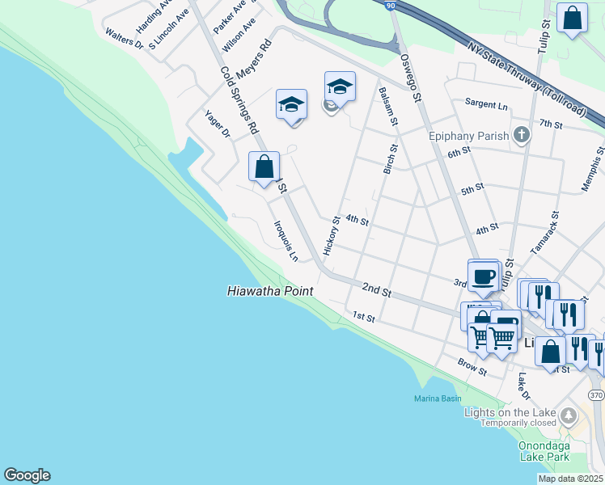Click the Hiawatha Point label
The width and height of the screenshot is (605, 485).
pos(270,290)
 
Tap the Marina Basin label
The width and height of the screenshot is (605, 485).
pos(438,399)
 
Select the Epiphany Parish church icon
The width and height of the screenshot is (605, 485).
pos(522,134)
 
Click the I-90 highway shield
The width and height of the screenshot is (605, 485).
pos(391,6)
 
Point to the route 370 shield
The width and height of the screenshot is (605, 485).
pos(597,394)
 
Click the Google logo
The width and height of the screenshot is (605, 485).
pos(27,475)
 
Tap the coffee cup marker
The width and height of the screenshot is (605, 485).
pos(484,276)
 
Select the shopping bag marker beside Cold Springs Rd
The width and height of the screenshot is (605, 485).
pos(264,167)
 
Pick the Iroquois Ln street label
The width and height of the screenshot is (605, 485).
pos(286,241)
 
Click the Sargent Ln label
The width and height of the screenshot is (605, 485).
pos(486,105)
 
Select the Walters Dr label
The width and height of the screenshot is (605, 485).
pos(124,39)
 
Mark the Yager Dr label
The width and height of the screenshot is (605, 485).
pos(218,123)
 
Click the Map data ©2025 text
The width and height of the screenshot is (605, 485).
pos(570,479)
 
